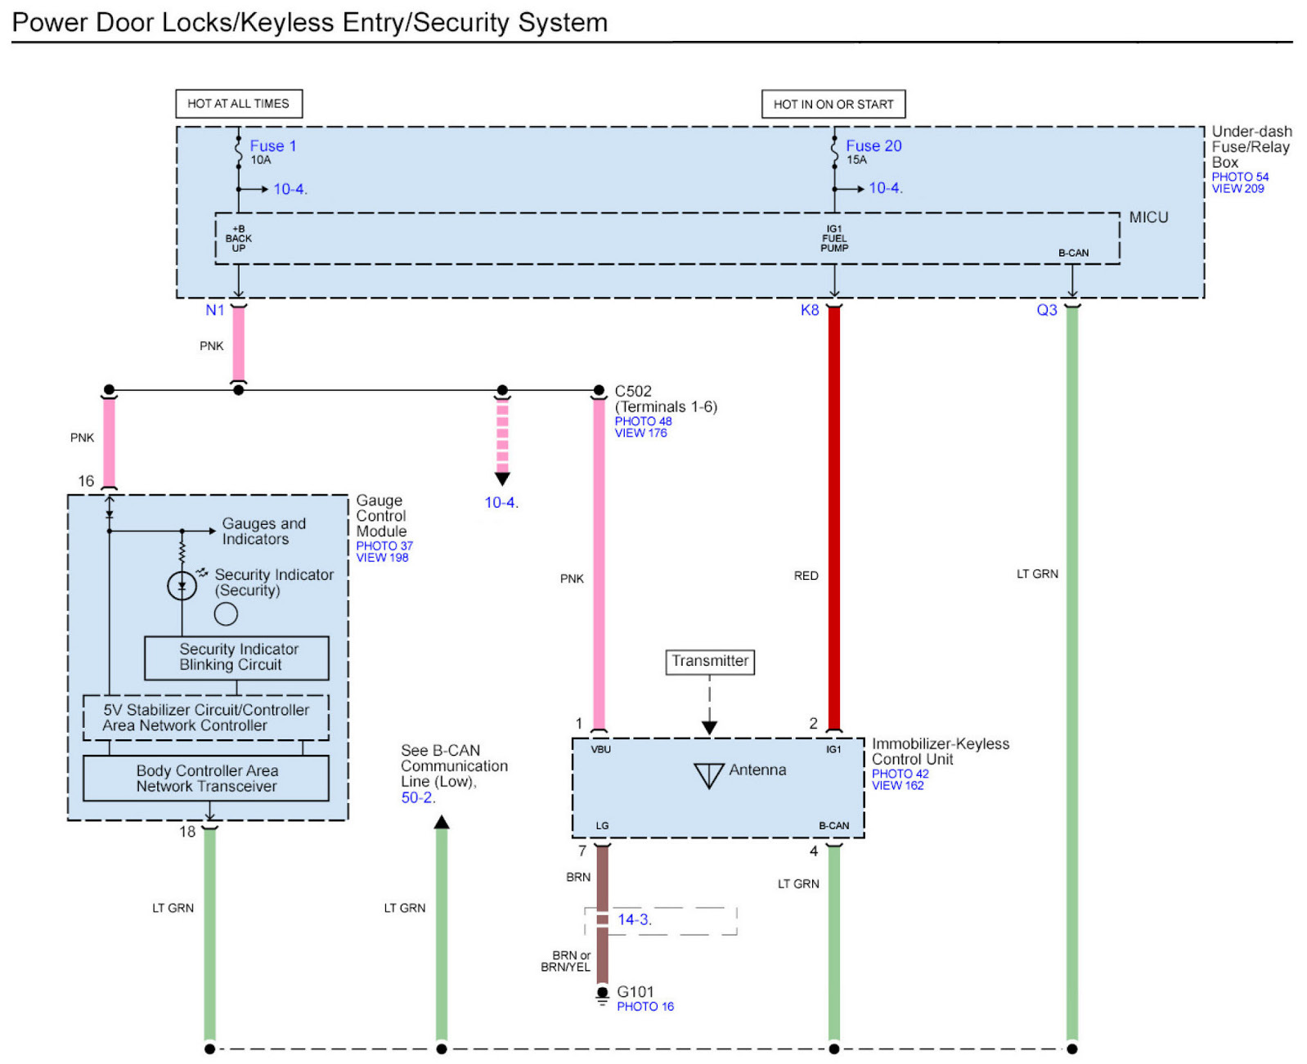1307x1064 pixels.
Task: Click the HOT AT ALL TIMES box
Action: pyautogui.click(x=239, y=104)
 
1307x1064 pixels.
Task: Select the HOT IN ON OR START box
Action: pyautogui.click(x=833, y=105)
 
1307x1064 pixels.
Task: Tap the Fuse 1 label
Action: pyautogui.click(x=272, y=146)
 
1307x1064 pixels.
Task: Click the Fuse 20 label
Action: pyautogui.click(x=874, y=146)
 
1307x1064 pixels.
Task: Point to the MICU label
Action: pyautogui.click(x=1148, y=218)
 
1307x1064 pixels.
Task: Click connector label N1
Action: pyautogui.click(x=215, y=310)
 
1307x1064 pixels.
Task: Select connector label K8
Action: pyautogui.click(x=810, y=310)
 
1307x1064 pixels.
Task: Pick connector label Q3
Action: pyautogui.click(x=1046, y=310)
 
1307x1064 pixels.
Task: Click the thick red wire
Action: pyautogui.click(x=834, y=518)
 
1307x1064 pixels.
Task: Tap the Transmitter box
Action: pyautogui.click(x=709, y=662)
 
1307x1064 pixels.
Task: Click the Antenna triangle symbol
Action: pyautogui.click(x=708, y=775)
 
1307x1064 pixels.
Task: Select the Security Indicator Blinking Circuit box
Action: pyautogui.click(x=236, y=658)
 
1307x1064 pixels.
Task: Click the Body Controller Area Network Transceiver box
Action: pyautogui.click(x=205, y=778)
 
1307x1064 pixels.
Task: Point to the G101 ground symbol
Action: pyautogui.click(x=603, y=995)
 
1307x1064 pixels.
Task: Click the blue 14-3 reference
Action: pyautogui.click(x=634, y=919)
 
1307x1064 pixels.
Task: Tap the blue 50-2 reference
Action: pyautogui.click(x=418, y=797)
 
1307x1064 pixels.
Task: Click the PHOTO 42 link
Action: pyautogui.click(x=900, y=774)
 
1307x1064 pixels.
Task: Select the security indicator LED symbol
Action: pyautogui.click(x=182, y=586)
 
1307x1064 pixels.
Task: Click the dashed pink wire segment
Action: pyautogui.click(x=502, y=436)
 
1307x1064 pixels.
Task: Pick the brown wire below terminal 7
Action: pyautogui.click(x=603, y=914)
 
